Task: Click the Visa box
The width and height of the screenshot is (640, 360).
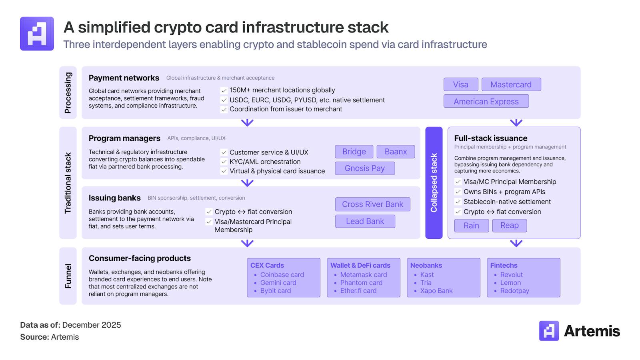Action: [x=460, y=84]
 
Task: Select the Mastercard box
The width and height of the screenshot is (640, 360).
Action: [x=511, y=84]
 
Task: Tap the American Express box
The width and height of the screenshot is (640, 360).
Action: [x=486, y=102]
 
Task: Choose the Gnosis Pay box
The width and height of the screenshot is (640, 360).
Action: [x=364, y=168]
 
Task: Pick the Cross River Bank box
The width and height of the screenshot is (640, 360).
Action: [x=372, y=204]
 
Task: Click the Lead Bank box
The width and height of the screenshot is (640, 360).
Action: [x=365, y=221]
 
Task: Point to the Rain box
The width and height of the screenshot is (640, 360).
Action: [x=471, y=226]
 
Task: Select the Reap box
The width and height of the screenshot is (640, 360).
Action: [x=509, y=226]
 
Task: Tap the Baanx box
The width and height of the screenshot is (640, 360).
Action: [x=396, y=152]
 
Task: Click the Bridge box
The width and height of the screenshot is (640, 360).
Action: [x=354, y=152]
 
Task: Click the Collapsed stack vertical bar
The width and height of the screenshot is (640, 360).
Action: [x=434, y=183]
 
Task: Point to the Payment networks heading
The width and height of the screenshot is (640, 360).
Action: [x=124, y=78]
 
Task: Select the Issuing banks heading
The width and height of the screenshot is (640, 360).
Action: [x=114, y=198]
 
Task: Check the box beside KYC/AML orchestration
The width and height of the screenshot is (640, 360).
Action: [x=224, y=162]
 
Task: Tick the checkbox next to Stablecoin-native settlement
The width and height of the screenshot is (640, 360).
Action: [x=458, y=202]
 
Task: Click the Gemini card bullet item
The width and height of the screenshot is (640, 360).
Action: [x=278, y=283]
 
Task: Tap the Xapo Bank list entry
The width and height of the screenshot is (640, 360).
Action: [x=436, y=291]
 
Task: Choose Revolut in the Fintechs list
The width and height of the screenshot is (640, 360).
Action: [x=511, y=275]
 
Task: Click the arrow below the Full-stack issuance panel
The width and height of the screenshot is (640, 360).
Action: [x=516, y=243]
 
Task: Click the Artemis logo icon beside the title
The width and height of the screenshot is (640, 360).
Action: [x=37, y=34]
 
